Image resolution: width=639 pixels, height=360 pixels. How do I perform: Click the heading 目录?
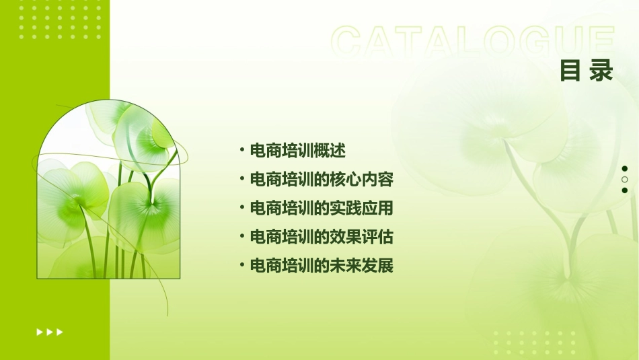[x=587, y=70]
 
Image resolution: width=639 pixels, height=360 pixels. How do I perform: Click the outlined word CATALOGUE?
[x=473, y=42]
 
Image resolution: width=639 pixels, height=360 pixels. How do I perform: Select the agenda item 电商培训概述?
[x=297, y=151]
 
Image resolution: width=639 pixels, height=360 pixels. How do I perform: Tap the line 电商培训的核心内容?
[x=321, y=180]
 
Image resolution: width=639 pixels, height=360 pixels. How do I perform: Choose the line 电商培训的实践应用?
[x=321, y=209]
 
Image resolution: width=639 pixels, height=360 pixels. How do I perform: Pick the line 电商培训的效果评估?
[x=321, y=237]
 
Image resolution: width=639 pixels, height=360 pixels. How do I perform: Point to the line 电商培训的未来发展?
[x=321, y=266]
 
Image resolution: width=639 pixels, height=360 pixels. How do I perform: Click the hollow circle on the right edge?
[x=625, y=180]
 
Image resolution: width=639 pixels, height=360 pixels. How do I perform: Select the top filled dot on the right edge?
[x=625, y=169]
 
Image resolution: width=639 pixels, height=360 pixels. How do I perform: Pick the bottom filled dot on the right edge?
[x=625, y=190]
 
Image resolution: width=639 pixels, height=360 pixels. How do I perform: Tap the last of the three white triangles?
[x=60, y=332]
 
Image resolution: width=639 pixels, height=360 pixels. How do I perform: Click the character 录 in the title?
[x=601, y=70]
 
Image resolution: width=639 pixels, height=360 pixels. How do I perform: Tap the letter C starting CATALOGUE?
[x=348, y=42]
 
